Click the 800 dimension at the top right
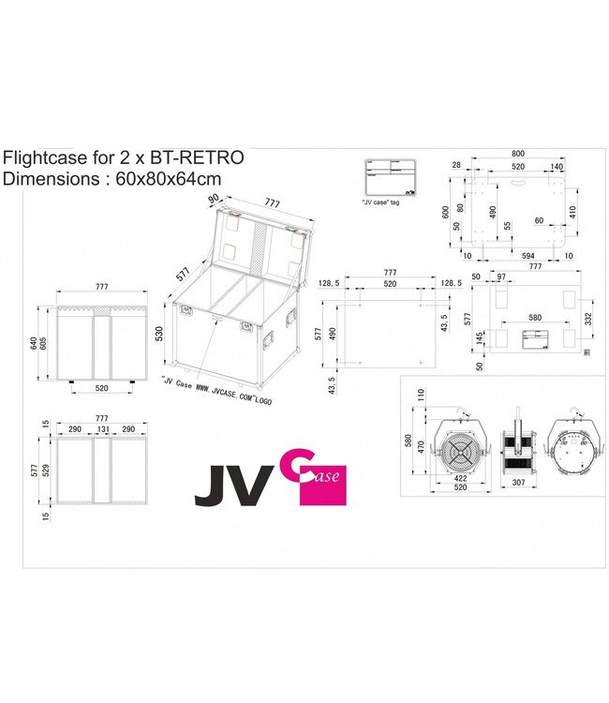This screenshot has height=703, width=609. (511, 153)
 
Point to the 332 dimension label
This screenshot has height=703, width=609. (589, 319)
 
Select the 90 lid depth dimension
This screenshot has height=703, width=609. (214, 199)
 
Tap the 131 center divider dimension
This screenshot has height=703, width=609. (103, 428)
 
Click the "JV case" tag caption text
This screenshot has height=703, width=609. (380, 202)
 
